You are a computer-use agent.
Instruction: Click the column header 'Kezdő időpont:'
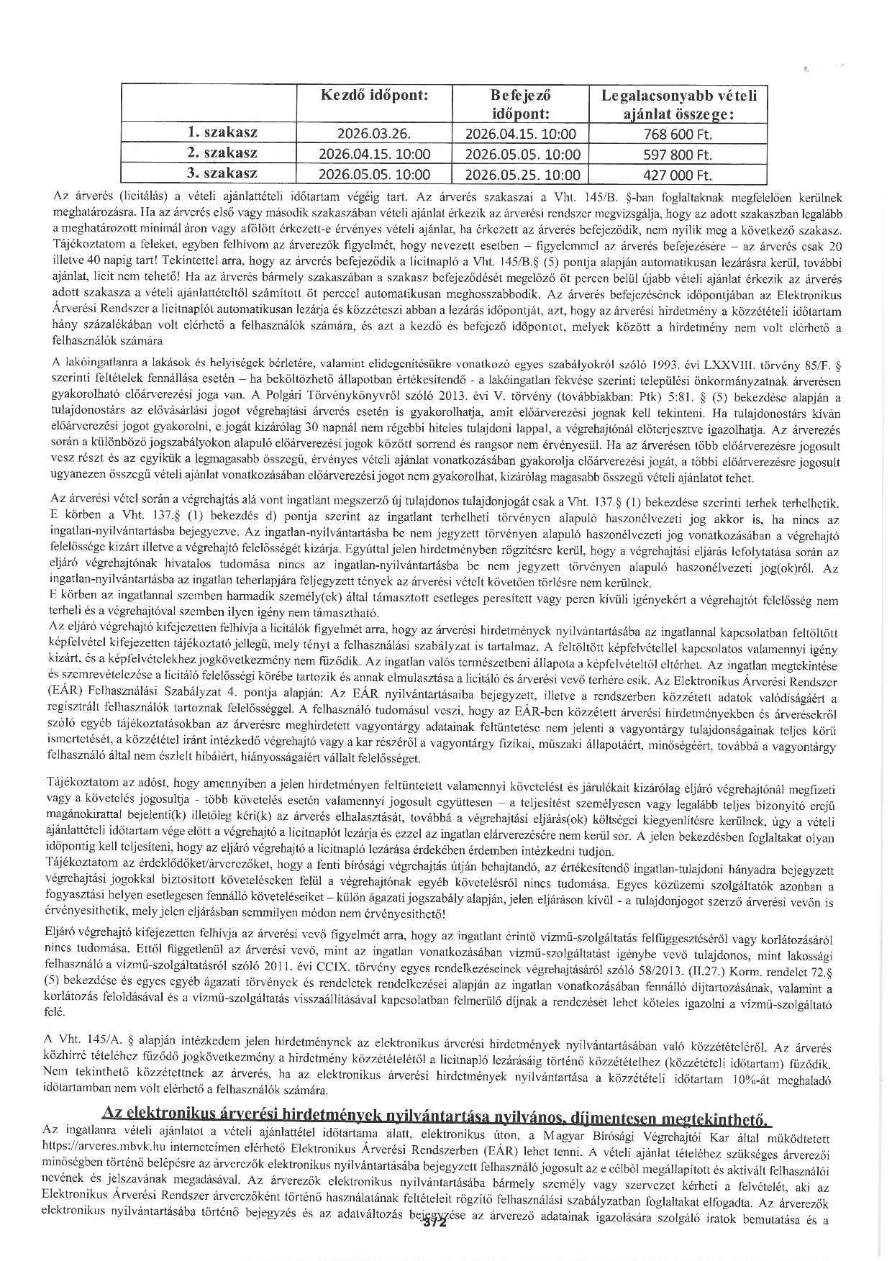click(x=374, y=95)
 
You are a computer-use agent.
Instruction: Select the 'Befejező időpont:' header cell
click(x=521, y=104)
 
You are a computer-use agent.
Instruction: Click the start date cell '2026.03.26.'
click(x=374, y=134)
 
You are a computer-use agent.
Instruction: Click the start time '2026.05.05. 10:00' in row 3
click(x=374, y=175)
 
